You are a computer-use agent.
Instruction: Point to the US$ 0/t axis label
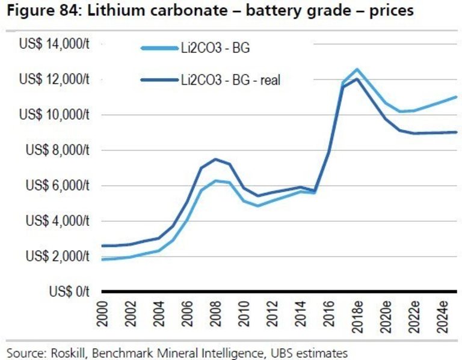(x=68, y=292)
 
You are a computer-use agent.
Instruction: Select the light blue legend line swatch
(x=158, y=49)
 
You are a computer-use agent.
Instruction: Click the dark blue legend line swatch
(x=158, y=79)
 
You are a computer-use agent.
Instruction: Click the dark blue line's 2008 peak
(x=215, y=159)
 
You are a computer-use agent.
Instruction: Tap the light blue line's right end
(x=456, y=97)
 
